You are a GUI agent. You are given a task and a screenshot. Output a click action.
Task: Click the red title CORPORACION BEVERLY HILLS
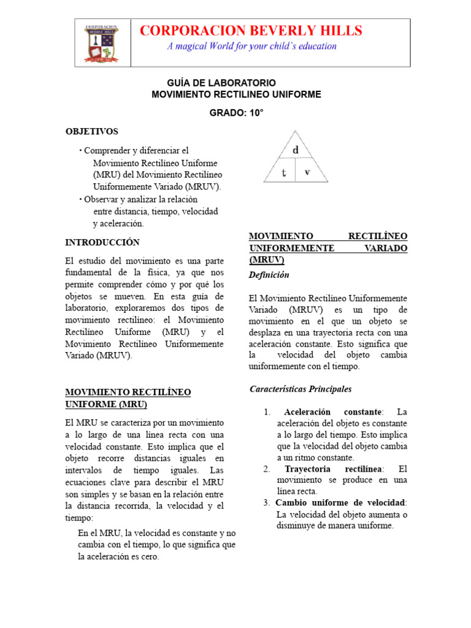(x=251, y=31)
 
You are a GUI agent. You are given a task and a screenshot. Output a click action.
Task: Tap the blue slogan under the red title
(x=251, y=47)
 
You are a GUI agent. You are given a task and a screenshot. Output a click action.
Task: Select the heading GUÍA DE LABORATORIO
(x=221, y=83)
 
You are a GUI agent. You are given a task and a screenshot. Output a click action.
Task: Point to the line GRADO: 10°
(x=236, y=113)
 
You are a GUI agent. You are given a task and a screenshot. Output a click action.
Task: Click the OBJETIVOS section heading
(x=92, y=131)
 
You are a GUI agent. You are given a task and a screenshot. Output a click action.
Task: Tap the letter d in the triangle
(x=296, y=149)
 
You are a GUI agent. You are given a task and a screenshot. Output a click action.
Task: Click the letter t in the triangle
(x=284, y=173)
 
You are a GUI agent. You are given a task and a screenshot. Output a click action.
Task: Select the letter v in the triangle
(x=307, y=172)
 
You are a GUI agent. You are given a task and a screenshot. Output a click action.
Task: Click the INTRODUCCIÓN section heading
(x=102, y=242)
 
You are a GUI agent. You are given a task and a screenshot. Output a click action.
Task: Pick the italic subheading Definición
(x=269, y=275)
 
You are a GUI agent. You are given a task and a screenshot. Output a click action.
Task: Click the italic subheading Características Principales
(x=301, y=389)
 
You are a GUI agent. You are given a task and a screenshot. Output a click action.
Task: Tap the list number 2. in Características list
(x=267, y=469)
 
